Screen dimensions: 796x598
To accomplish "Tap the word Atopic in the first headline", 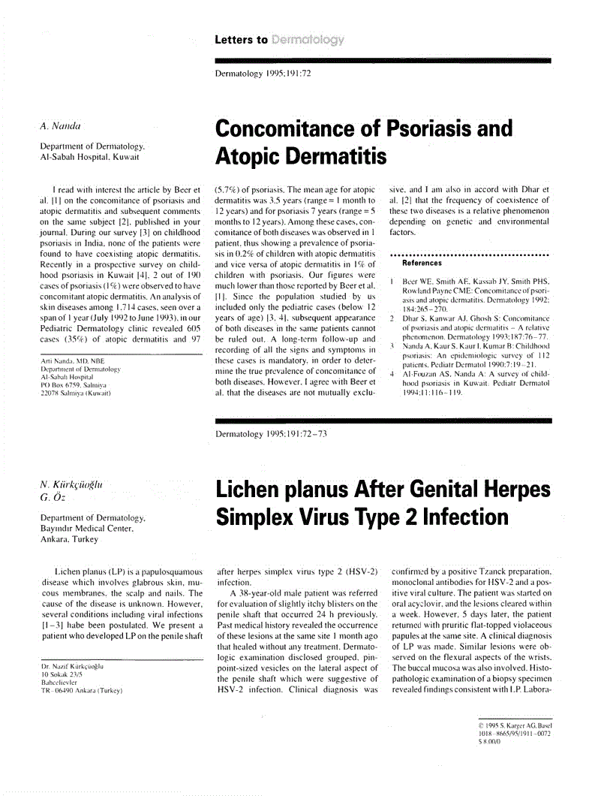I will pos(254,156).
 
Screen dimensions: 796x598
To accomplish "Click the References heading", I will pos(422,264).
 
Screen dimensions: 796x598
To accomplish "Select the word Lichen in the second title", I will pos(254,490).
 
